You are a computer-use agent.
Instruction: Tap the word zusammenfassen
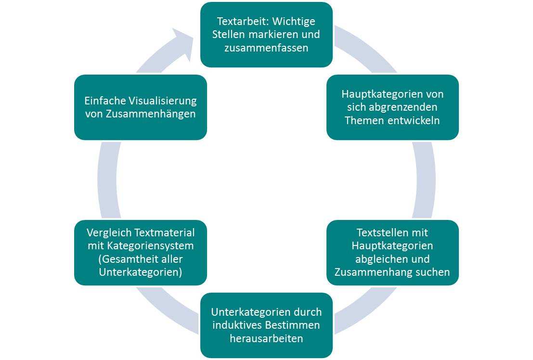266,48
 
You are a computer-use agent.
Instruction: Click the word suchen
433,272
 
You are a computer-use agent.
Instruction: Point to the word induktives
240,325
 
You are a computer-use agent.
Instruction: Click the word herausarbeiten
266,338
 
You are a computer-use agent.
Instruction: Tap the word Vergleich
106,232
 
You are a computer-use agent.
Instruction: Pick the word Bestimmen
293,325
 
